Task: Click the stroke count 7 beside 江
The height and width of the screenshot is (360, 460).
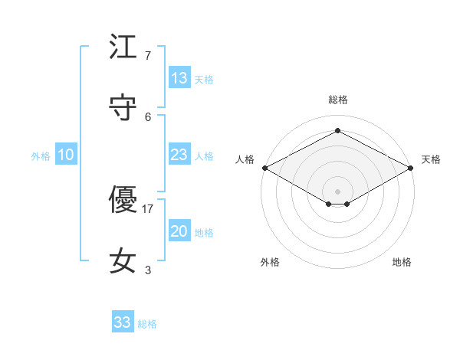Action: tap(148, 56)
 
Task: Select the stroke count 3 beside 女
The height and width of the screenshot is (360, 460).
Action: tap(148, 270)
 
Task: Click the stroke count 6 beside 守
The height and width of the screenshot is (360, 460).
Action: tap(148, 116)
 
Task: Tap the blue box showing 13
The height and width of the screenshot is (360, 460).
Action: tap(179, 78)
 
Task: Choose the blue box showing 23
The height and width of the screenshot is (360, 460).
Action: tap(179, 155)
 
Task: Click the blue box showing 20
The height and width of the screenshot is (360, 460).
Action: tap(179, 231)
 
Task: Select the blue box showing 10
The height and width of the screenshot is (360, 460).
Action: tap(66, 155)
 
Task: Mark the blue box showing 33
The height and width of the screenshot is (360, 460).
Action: tap(123, 322)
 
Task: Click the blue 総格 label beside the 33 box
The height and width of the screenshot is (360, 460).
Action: tap(148, 324)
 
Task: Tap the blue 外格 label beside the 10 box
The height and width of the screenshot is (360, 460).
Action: tap(41, 156)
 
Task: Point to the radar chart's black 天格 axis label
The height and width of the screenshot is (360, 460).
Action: tap(431, 159)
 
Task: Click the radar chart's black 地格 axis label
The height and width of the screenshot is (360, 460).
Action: tap(402, 262)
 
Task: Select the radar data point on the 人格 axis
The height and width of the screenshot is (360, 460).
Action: tap(264, 168)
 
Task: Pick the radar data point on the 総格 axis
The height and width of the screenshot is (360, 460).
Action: tap(337, 130)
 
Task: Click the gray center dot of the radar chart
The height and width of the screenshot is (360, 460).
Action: tap(337, 190)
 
